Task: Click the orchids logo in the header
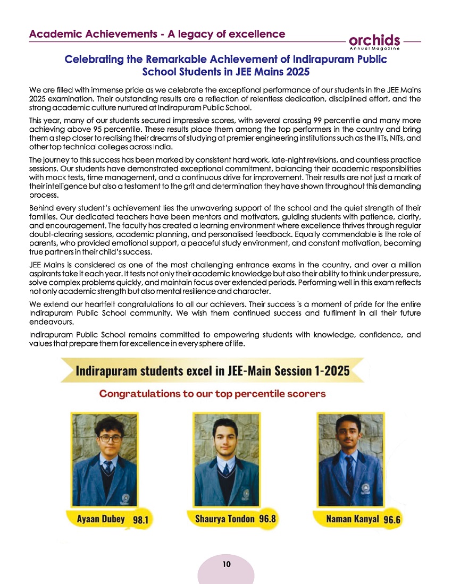click(x=375, y=40)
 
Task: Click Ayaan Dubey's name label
click(x=99, y=519)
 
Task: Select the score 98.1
click(x=139, y=521)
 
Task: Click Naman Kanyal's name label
click(x=353, y=519)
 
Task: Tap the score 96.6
click(x=391, y=520)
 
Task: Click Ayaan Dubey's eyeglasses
click(x=110, y=438)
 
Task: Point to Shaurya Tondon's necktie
click(x=225, y=470)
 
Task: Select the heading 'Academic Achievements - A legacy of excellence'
click(x=157, y=34)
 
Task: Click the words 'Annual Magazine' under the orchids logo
click(x=375, y=48)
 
